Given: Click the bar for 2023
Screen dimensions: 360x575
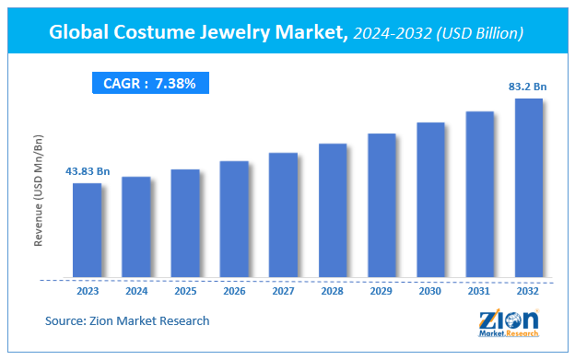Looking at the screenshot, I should [87, 229].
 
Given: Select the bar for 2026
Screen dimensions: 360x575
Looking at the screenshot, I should [234, 218].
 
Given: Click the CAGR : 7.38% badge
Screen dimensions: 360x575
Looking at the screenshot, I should [150, 84].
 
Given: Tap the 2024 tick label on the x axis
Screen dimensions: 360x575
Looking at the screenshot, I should [135, 290].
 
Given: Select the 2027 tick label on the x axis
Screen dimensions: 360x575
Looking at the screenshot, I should [283, 290].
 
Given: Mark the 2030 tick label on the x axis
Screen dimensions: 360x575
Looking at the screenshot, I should [430, 290].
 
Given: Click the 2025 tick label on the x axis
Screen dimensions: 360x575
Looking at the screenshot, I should [184, 290].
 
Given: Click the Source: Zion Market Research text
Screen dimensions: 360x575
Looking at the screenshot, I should [127, 320].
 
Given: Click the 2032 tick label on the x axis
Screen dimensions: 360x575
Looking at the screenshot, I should [528, 290].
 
